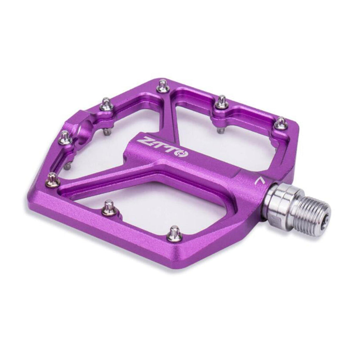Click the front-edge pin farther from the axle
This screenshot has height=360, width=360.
(110, 208)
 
